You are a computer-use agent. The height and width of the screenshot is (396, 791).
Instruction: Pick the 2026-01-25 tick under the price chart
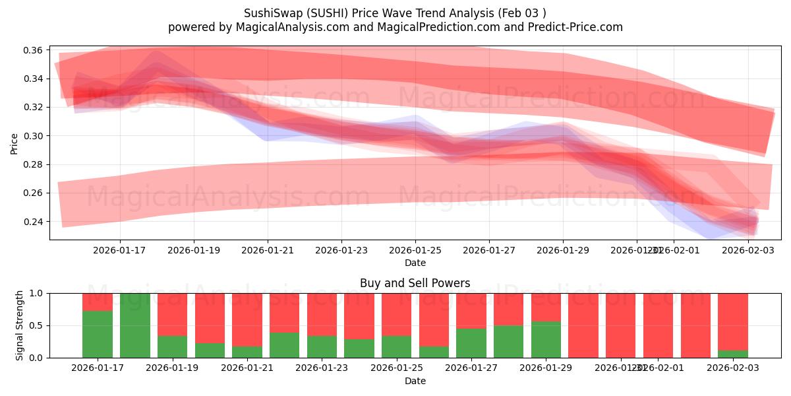415,250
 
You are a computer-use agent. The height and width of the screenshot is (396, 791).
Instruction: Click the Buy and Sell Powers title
415,283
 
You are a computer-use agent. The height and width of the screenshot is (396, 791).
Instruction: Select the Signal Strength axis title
20,325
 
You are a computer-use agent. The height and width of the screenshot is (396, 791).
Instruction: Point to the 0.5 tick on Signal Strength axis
37,325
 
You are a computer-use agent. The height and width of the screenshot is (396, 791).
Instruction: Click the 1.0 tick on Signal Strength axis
37,293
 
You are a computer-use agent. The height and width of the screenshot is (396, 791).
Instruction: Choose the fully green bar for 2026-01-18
134,325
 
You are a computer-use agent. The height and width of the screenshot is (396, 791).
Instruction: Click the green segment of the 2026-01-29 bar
546,340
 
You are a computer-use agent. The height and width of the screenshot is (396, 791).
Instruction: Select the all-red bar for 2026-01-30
583,325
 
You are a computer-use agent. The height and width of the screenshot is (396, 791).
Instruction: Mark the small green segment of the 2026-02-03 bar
732,354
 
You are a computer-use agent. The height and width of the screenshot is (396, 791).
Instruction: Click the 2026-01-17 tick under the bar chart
97,368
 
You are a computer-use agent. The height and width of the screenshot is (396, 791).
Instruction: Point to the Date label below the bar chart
415,381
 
